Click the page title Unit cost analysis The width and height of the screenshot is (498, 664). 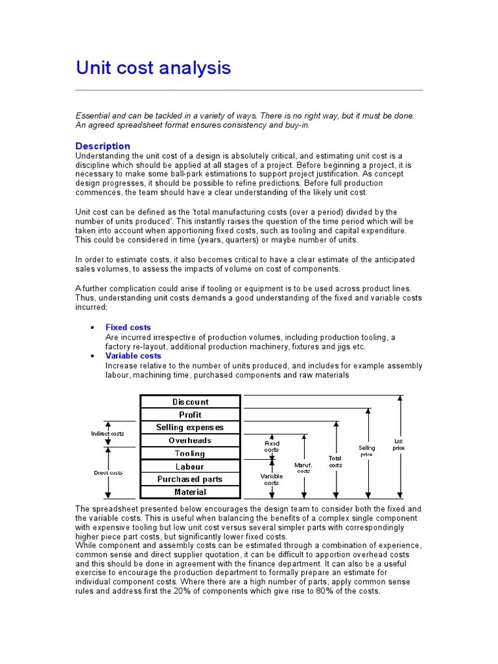153,68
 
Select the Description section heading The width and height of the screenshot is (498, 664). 102,146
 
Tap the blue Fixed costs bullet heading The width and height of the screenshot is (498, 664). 128,327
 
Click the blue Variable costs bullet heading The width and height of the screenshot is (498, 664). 133,356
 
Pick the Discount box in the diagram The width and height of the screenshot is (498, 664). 190,402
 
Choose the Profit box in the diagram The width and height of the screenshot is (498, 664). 190,415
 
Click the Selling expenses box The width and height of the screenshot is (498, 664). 190,428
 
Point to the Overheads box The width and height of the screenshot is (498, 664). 190,441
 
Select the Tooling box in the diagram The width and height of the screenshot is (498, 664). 190,454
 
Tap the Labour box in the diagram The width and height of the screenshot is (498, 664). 190,467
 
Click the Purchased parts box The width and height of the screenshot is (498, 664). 190,480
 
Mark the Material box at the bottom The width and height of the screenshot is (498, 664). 190,493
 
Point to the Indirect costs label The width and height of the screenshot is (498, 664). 107,433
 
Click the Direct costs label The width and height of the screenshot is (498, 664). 108,473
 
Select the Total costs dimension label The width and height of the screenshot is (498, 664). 335,462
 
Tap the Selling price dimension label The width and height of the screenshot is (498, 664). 367,451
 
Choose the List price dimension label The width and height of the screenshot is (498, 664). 399,445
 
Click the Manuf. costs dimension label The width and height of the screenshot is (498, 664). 303,468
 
